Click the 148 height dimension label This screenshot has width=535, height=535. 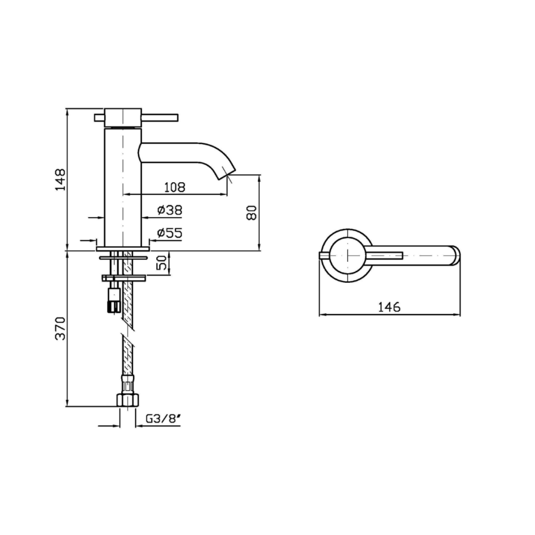pos(60,179)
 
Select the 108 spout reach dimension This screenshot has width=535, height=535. pos(175,187)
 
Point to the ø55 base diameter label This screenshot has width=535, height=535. pos(169,233)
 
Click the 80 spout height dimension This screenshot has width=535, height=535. pos(252,213)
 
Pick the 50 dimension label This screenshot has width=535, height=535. pos(162,262)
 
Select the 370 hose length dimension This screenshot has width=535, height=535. pos(60,328)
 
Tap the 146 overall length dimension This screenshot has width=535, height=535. pos(389,307)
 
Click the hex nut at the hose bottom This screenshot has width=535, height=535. pos(128,400)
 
